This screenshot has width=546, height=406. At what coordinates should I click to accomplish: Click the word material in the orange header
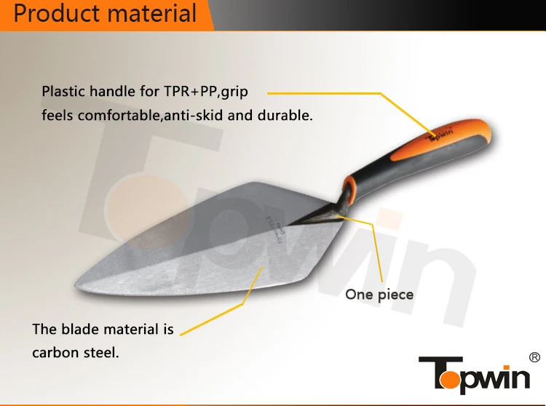click(x=150, y=14)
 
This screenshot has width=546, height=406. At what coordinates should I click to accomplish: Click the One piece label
click(x=379, y=295)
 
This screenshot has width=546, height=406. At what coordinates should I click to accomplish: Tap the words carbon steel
click(x=76, y=353)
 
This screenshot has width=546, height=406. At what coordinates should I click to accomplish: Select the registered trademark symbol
click(x=533, y=357)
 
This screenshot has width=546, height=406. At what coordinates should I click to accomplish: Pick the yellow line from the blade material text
click(x=218, y=306)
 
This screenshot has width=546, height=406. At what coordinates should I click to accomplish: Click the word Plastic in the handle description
click(x=63, y=92)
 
